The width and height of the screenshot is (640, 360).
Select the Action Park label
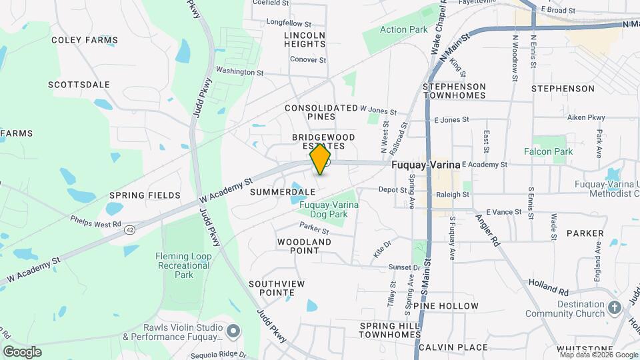tap(403, 29)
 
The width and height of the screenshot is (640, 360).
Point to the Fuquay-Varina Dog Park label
tap(329, 209)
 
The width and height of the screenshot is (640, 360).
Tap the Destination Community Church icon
tap(615, 309)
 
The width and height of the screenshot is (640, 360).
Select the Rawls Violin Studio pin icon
tap(233, 331)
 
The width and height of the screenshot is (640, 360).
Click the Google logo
tap(22, 352)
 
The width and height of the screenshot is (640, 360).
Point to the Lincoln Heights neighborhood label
tap(305, 39)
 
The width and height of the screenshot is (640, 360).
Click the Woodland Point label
tap(304, 246)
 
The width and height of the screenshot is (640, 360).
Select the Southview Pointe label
tap(277, 288)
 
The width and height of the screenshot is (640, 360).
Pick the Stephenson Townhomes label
tap(455, 91)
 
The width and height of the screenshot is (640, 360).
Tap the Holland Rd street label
tap(549, 287)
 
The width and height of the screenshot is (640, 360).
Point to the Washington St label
tap(240, 71)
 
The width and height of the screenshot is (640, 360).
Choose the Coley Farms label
tap(85, 40)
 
